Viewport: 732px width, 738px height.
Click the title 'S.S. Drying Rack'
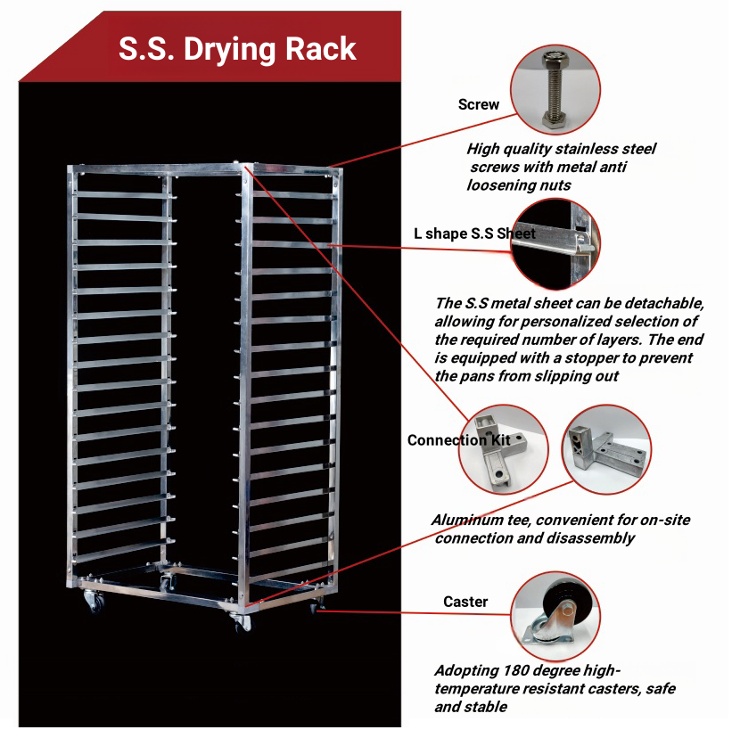tap(237, 48)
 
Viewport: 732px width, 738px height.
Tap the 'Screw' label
tap(479, 104)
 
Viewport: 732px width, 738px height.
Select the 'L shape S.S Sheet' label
tap(474, 234)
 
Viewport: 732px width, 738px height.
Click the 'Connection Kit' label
tap(458, 440)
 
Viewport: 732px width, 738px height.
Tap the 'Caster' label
tap(465, 602)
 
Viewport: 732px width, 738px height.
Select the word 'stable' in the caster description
tap(486, 707)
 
